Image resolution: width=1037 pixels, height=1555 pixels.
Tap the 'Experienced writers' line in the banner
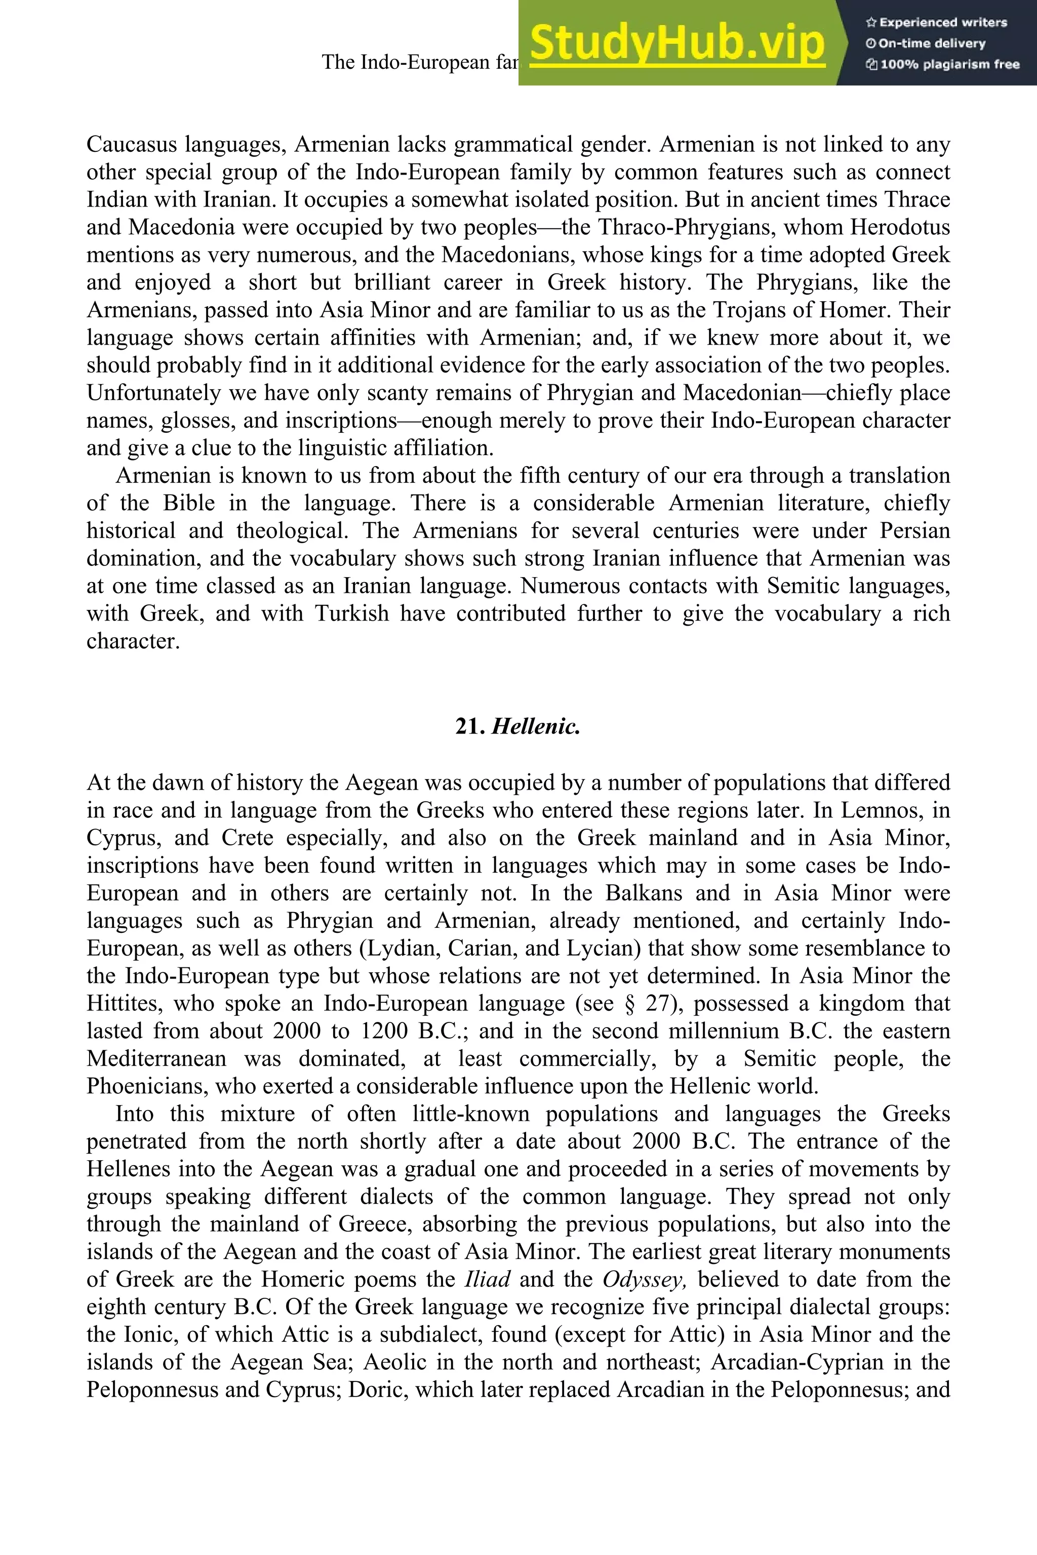(x=936, y=22)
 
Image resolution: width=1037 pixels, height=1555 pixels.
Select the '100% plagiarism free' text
(x=943, y=65)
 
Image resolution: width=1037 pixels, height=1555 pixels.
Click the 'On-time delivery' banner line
(x=926, y=44)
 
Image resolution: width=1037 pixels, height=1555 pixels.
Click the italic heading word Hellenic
(x=536, y=726)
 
